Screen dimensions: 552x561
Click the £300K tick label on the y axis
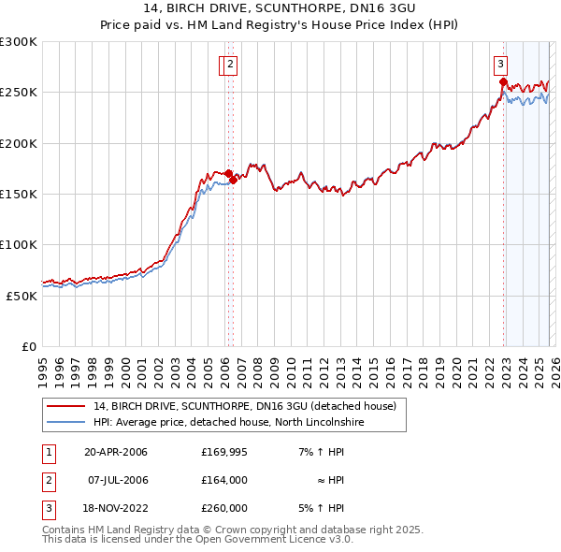pyautogui.click(x=19, y=42)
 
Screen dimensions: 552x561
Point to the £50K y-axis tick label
pyautogui.click(x=22, y=296)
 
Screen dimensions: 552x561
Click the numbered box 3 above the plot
pyautogui.click(x=501, y=65)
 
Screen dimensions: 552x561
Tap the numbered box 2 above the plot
pyautogui.click(x=231, y=65)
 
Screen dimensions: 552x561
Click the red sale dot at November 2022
pyautogui.click(x=503, y=82)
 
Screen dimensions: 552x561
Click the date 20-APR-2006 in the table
pyautogui.click(x=116, y=452)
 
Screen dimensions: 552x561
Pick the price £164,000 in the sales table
pyautogui.click(x=224, y=480)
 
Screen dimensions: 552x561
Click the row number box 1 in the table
pyautogui.click(x=47, y=452)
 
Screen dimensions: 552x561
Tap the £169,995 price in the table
pyautogui.click(x=224, y=452)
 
